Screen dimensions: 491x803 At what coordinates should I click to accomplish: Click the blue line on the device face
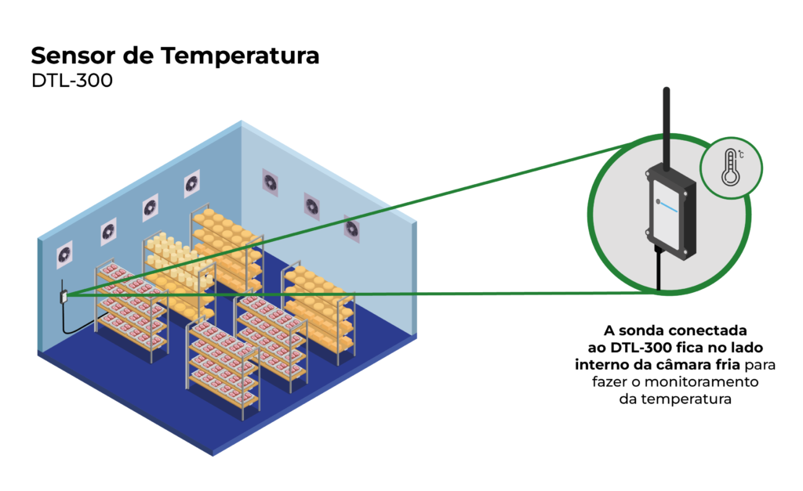tap(667, 206)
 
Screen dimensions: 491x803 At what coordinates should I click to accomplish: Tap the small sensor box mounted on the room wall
tap(62, 297)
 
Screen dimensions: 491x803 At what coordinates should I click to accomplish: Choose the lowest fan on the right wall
tap(351, 229)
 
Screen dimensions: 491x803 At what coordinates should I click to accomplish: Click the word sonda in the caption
tap(641, 329)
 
